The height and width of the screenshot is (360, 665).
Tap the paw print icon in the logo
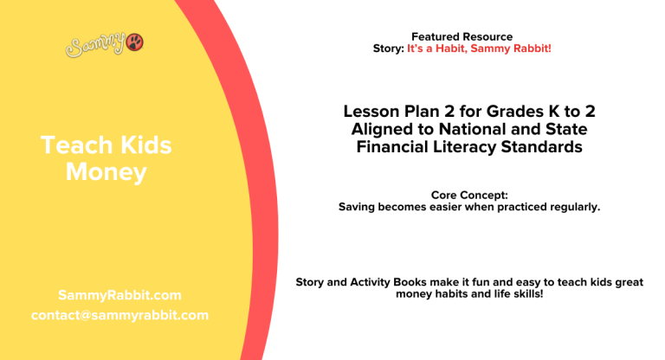[135, 42]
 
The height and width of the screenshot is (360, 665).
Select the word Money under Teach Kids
[107, 172]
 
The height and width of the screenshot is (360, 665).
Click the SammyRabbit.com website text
[119, 295]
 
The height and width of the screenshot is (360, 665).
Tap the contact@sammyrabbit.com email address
[119, 315]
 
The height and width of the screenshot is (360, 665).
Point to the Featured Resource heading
[462, 36]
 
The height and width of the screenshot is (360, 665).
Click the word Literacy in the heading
[463, 148]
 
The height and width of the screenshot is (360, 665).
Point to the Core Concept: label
[468, 196]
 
